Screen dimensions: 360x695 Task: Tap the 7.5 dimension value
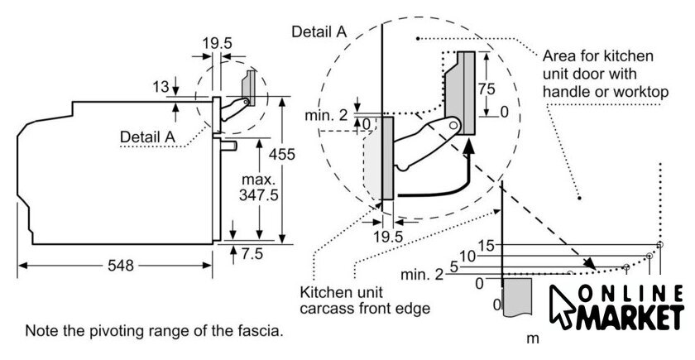coord(252,252)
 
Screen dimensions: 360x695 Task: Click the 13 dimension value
coord(161,86)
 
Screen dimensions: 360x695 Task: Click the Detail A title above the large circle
coord(319,31)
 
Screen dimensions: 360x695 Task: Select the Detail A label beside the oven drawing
coord(148,136)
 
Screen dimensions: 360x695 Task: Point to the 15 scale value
coord(486,246)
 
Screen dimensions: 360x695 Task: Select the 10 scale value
coord(467,257)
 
